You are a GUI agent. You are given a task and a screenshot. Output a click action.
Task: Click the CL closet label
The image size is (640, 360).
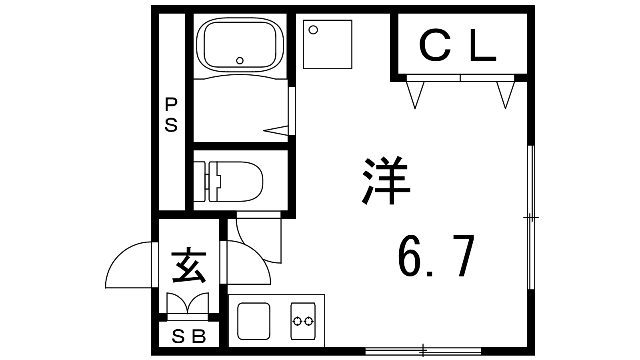pos(457,45)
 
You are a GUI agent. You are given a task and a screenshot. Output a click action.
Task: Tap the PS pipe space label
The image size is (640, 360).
pos(171,114)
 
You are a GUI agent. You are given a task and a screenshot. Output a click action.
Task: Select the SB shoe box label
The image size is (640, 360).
pos(188,336)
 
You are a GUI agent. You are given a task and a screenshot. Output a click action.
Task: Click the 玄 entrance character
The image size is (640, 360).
pos(189,265)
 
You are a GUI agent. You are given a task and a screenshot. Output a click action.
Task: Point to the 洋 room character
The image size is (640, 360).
pos(386,180)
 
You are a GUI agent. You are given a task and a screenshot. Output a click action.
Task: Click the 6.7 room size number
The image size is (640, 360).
pos(436,256)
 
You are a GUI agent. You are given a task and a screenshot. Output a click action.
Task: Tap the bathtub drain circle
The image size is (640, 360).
pos(240,60)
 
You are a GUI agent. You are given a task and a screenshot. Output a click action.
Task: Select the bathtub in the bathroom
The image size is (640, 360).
pos(240,45)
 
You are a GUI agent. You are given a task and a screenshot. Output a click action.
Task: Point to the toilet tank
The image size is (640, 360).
pos(200,182)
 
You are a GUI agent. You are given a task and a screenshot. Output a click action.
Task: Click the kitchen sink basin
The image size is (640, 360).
pos(254,321)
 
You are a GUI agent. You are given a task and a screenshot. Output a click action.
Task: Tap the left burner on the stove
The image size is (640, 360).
pos(298,322)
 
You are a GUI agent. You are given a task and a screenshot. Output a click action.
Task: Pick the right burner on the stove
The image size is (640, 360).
pos(308,322)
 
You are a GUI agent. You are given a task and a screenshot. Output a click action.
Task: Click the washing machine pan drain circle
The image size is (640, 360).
pos(314,30)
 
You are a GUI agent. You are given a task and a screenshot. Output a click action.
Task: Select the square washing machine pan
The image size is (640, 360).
pos(328,44)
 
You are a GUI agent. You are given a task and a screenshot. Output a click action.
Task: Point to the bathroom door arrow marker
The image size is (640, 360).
pos(276,130)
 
